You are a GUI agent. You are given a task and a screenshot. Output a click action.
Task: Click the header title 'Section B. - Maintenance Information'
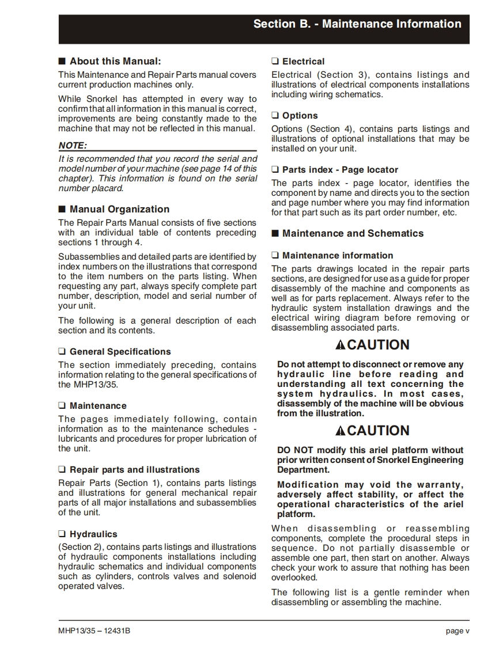click(357, 24)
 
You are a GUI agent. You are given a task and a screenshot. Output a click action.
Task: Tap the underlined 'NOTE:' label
click(73, 146)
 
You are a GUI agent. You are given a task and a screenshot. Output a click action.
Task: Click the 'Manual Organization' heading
click(119, 210)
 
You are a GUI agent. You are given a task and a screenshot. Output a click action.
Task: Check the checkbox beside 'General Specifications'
click(62, 352)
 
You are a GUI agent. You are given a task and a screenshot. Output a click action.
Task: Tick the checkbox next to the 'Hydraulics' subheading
click(62, 534)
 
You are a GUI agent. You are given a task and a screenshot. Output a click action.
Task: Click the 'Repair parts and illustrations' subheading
click(134, 470)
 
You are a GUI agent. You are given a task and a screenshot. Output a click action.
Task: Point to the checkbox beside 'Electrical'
click(275, 62)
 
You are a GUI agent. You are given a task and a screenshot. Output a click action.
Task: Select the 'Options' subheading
click(300, 116)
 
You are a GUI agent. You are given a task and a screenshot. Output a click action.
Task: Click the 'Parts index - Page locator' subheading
click(340, 170)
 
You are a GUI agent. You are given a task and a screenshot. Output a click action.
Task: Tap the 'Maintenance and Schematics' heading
click(353, 234)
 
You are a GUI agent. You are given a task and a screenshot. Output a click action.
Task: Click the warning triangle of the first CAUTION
click(341, 345)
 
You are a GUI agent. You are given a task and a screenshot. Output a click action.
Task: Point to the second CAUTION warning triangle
click(341, 431)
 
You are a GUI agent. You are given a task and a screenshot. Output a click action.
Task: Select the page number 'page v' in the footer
click(458, 631)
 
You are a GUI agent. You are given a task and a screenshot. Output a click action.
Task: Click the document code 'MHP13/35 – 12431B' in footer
click(94, 631)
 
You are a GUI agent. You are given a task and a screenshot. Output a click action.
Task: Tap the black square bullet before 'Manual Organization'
click(62, 210)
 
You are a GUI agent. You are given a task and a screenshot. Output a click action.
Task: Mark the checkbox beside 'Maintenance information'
click(275, 256)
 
